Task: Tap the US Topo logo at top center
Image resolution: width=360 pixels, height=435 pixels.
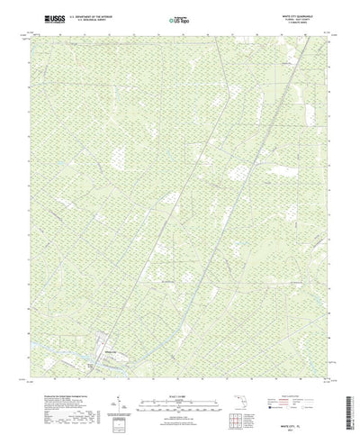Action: pyautogui.click(x=179, y=17)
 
